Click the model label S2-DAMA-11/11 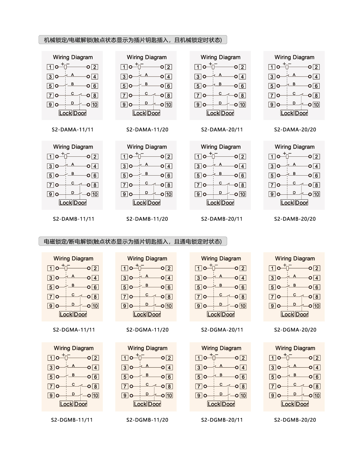coord(73,130)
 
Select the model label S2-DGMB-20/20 coord(295,420)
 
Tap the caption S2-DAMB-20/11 coord(222,219)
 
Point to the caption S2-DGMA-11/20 coord(147,330)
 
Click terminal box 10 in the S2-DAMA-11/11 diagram coord(95,105)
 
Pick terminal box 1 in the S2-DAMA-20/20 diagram coord(272,67)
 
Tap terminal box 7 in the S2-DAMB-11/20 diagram coord(124,185)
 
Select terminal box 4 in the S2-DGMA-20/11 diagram coord(243,278)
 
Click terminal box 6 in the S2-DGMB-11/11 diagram coord(95,377)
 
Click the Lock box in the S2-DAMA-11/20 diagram coord(139,113)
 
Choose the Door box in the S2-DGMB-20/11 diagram coord(228,404)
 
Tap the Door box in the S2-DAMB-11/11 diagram coord(80,203)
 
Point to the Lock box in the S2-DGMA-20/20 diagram coord(287,314)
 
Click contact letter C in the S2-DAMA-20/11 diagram coord(220,93)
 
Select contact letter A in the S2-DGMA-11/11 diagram coord(73,276)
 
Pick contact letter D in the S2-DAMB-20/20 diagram coord(294,193)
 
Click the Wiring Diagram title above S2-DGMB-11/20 coord(147,348)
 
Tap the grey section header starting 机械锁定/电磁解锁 coord(133,40)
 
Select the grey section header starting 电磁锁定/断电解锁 coord(133,241)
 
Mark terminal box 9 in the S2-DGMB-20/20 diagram coord(272,396)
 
